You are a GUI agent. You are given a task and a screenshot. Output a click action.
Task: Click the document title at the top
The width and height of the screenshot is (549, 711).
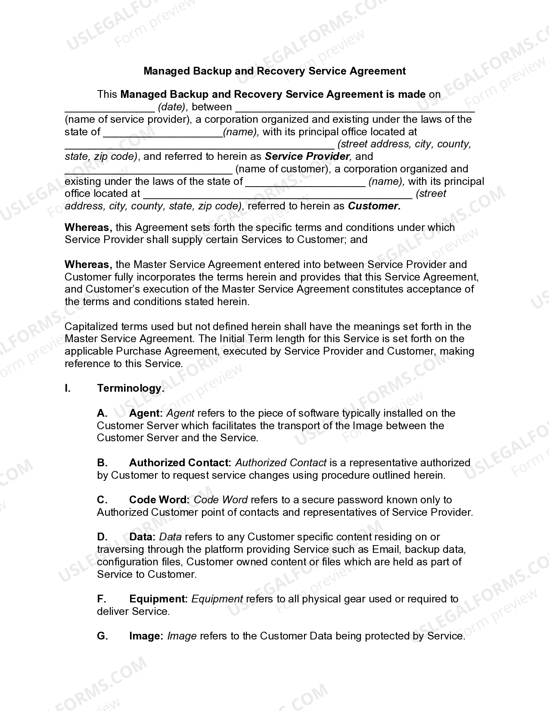point(274,71)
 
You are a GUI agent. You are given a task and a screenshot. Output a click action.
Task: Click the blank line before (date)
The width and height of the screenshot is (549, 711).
point(109,108)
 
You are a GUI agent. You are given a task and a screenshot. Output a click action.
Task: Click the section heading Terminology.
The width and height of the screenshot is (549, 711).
point(130,388)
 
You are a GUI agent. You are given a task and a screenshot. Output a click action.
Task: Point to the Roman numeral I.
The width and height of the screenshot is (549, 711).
point(68,388)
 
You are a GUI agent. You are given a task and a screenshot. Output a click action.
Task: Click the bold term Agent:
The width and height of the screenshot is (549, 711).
point(146,413)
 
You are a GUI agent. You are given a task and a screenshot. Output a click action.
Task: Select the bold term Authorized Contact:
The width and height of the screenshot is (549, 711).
point(180,463)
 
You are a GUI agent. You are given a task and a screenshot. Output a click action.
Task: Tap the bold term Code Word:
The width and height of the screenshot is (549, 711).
point(159,500)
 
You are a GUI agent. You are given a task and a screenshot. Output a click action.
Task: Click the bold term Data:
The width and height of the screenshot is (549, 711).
point(142,537)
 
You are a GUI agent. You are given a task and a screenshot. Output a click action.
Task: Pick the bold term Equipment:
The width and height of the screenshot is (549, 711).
point(158,599)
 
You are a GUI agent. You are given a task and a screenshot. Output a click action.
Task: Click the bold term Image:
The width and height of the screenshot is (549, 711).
point(146,636)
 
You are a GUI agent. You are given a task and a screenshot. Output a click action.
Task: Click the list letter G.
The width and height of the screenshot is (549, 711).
point(102,636)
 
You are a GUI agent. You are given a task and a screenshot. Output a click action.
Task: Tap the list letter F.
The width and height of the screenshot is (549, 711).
point(102,599)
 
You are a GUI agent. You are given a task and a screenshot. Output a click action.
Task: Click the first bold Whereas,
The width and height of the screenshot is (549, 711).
point(88,228)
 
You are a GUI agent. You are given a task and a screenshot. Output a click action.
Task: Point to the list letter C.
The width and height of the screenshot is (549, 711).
point(102,500)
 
